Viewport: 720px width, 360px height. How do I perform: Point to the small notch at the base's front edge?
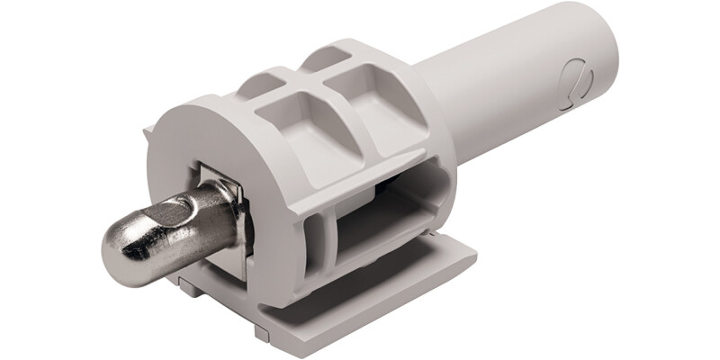[260, 332]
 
